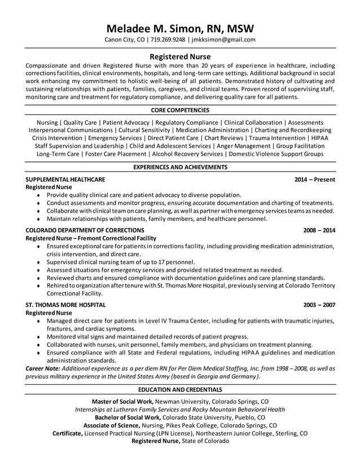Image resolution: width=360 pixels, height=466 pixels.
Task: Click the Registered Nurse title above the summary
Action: click(180, 56)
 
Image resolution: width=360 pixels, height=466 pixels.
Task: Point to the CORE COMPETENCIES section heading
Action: click(180, 110)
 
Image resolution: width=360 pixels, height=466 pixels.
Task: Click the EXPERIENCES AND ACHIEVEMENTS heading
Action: click(180, 167)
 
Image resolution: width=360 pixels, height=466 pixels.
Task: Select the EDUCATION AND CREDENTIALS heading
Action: click(180, 390)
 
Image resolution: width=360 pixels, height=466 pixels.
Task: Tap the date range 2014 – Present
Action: click(315, 179)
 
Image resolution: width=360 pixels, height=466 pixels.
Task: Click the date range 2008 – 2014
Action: click(319, 230)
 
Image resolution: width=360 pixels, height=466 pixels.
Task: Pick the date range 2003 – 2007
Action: click(319, 305)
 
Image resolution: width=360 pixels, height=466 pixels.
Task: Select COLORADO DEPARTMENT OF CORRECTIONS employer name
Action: click(85, 230)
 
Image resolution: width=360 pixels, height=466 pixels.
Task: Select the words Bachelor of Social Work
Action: click(120, 417)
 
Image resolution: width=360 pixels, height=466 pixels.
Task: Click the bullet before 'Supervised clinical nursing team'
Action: click(38, 262)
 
